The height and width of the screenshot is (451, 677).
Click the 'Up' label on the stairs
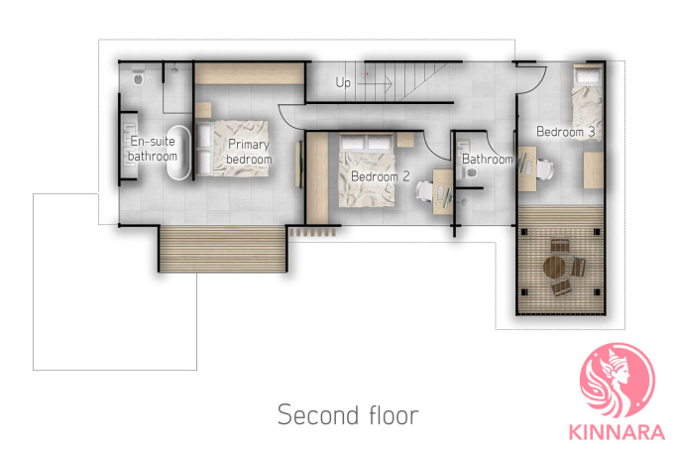pyautogui.click(x=343, y=82)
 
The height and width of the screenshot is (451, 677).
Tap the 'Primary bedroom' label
pyautogui.click(x=249, y=152)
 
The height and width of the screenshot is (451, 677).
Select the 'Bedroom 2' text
pyautogui.click(x=380, y=176)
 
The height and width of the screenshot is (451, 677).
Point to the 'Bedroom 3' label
pyautogui.click(x=566, y=131)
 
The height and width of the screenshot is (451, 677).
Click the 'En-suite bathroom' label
pyautogui.click(x=153, y=149)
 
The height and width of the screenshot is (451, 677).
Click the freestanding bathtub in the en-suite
pyautogui.click(x=178, y=153)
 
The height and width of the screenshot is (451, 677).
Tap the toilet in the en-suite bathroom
pyautogui.click(x=138, y=77)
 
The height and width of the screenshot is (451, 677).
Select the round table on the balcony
pyautogui.click(x=554, y=268)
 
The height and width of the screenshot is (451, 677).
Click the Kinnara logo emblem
pyautogui.click(x=617, y=381)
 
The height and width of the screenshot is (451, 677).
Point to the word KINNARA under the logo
pyautogui.click(x=617, y=432)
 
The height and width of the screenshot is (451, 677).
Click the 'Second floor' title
pyautogui.click(x=348, y=414)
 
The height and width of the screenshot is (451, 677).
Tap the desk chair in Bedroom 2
pyautogui.click(x=425, y=191)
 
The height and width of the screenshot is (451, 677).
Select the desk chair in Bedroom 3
pyautogui.click(x=544, y=169)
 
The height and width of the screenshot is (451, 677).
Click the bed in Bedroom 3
pyautogui.click(x=587, y=102)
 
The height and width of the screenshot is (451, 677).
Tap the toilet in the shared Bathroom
pyautogui.click(x=470, y=172)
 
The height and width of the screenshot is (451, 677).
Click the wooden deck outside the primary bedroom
pyautogui.click(x=223, y=249)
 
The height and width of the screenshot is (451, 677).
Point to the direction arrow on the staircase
pyautogui.click(x=375, y=83)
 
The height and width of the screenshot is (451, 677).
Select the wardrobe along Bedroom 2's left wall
pyautogui.click(x=317, y=177)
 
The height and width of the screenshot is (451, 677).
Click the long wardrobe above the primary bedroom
pyautogui.click(x=250, y=73)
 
